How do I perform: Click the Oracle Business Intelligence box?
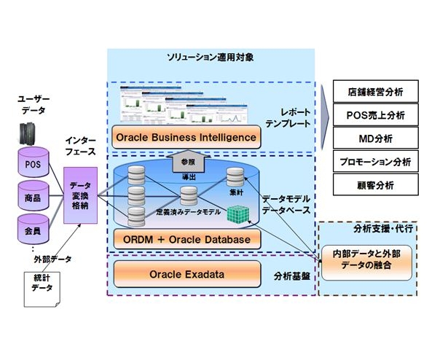pyautogui.click(x=187, y=136)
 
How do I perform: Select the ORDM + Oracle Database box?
pyautogui.click(x=187, y=238)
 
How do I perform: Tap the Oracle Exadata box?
pyautogui.click(x=187, y=275)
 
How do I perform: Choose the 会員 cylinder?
pyautogui.click(x=34, y=228)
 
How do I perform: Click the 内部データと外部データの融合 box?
pyautogui.click(x=366, y=259)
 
